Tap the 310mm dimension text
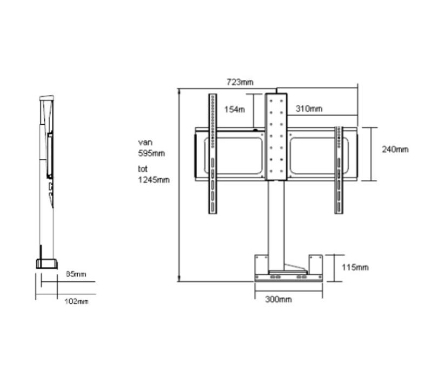[x=309, y=109]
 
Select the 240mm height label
[x=395, y=149]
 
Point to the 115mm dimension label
[x=355, y=267]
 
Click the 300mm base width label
[x=279, y=299]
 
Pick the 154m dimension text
[x=234, y=109]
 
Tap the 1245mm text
[x=153, y=180]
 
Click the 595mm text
[x=151, y=153]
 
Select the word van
[x=145, y=143]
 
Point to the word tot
[x=143, y=169]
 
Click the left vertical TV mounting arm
[x=213, y=154]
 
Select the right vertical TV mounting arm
[x=339, y=170]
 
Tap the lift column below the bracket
[x=275, y=221]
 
